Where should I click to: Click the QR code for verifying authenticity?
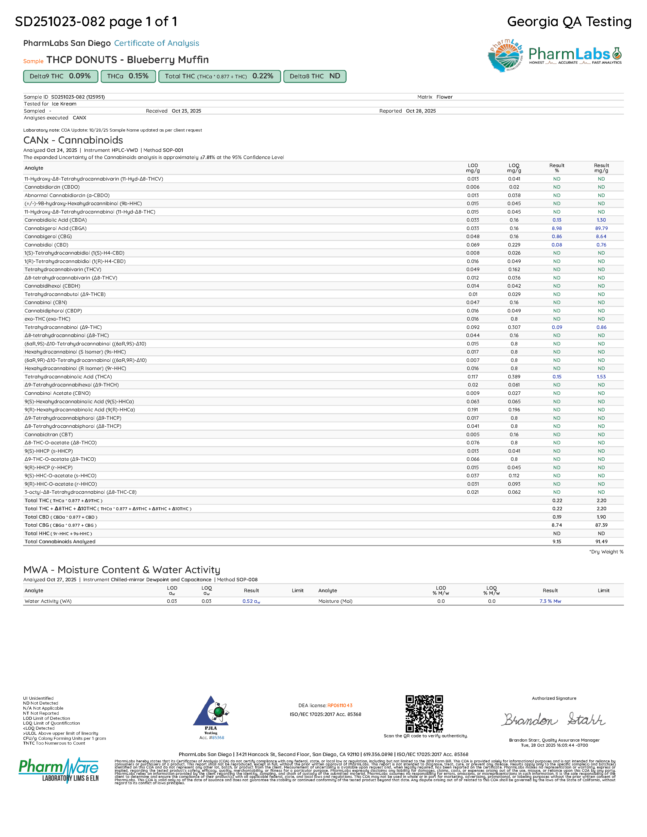point(424,713)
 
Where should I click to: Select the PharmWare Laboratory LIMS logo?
point(59,770)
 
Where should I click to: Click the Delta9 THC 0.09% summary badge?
point(61,76)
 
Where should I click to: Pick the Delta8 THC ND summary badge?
point(315,76)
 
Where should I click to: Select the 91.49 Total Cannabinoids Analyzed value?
point(601,542)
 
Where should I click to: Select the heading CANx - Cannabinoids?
point(73,140)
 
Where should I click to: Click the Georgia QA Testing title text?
point(569,22)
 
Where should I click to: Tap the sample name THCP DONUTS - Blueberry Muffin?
point(128,60)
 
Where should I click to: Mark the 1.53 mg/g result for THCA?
point(601,377)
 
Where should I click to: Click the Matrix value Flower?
point(444,97)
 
